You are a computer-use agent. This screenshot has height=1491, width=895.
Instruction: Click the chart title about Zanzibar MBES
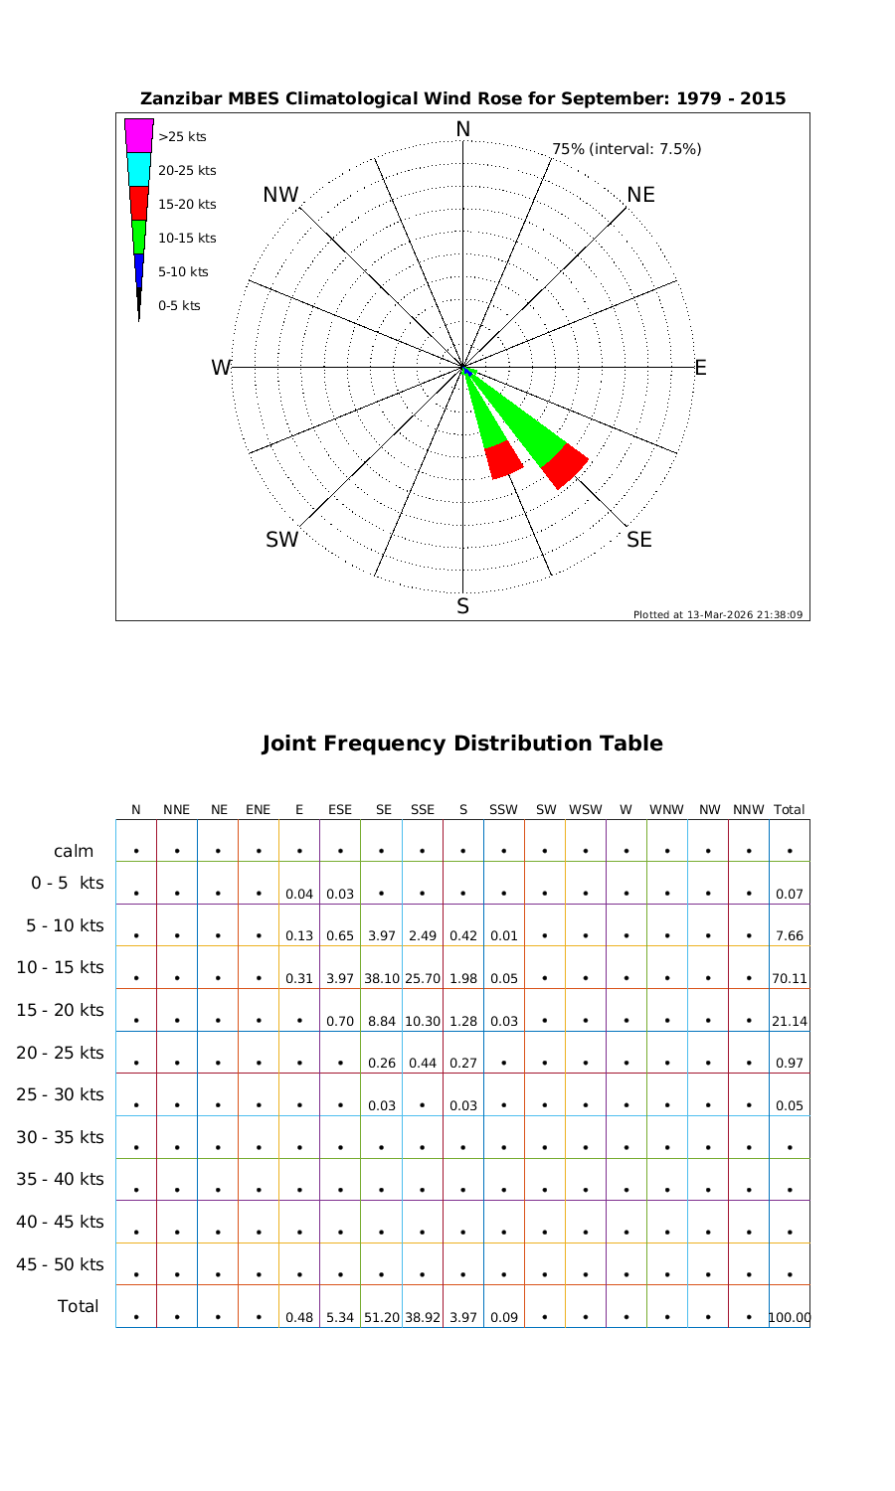pos(462,99)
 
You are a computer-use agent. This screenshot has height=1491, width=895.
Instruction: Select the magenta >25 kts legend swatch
pos(139,135)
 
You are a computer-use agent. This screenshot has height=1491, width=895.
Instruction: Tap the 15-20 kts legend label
pos(187,205)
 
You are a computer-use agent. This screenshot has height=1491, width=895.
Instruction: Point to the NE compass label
pos(641,195)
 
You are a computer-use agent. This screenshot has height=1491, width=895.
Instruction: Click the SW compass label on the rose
pos(282,540)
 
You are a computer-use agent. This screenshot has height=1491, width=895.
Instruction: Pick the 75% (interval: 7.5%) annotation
pos(626,149)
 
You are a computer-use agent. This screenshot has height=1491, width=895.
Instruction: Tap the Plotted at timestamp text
pos(717,614)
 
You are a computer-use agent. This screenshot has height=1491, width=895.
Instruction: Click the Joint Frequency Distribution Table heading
pos(462,744)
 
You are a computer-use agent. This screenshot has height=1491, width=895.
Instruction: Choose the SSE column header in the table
pos(423,810)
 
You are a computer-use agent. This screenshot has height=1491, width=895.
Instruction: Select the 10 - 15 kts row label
pos(61,967)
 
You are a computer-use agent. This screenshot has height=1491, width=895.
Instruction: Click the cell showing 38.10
pos(382,978)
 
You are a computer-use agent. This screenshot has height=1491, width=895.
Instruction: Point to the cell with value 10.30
pos(423,1021)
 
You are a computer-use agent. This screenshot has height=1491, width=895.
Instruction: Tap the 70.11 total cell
pos(789,978)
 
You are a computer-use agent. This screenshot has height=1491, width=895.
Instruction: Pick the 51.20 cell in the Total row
pos(382,1317)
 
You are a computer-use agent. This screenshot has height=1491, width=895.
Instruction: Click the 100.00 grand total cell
pos(790,1317)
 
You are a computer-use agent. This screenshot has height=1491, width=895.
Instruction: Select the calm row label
pos(74,851)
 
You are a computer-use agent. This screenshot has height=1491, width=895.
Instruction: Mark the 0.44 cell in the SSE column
pos(423,1063)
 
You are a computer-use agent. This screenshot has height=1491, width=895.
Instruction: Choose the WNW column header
pos(666,810)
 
